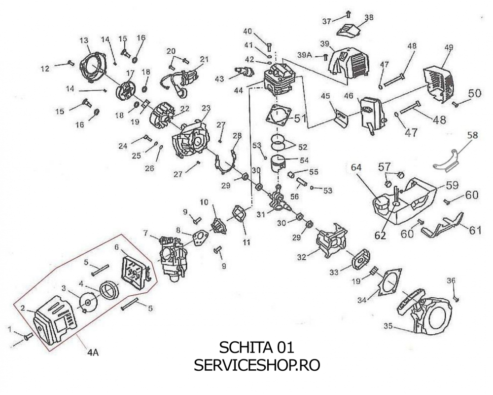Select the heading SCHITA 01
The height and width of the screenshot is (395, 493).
(x=256, y=347)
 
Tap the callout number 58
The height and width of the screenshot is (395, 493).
(x=473, y=134)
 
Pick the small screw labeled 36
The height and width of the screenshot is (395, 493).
(x=456, y=298)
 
